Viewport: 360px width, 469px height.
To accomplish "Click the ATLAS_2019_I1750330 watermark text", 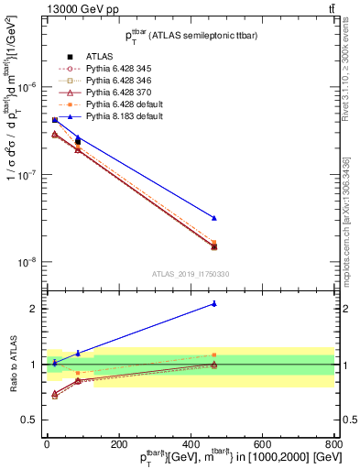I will pos(191,274).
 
